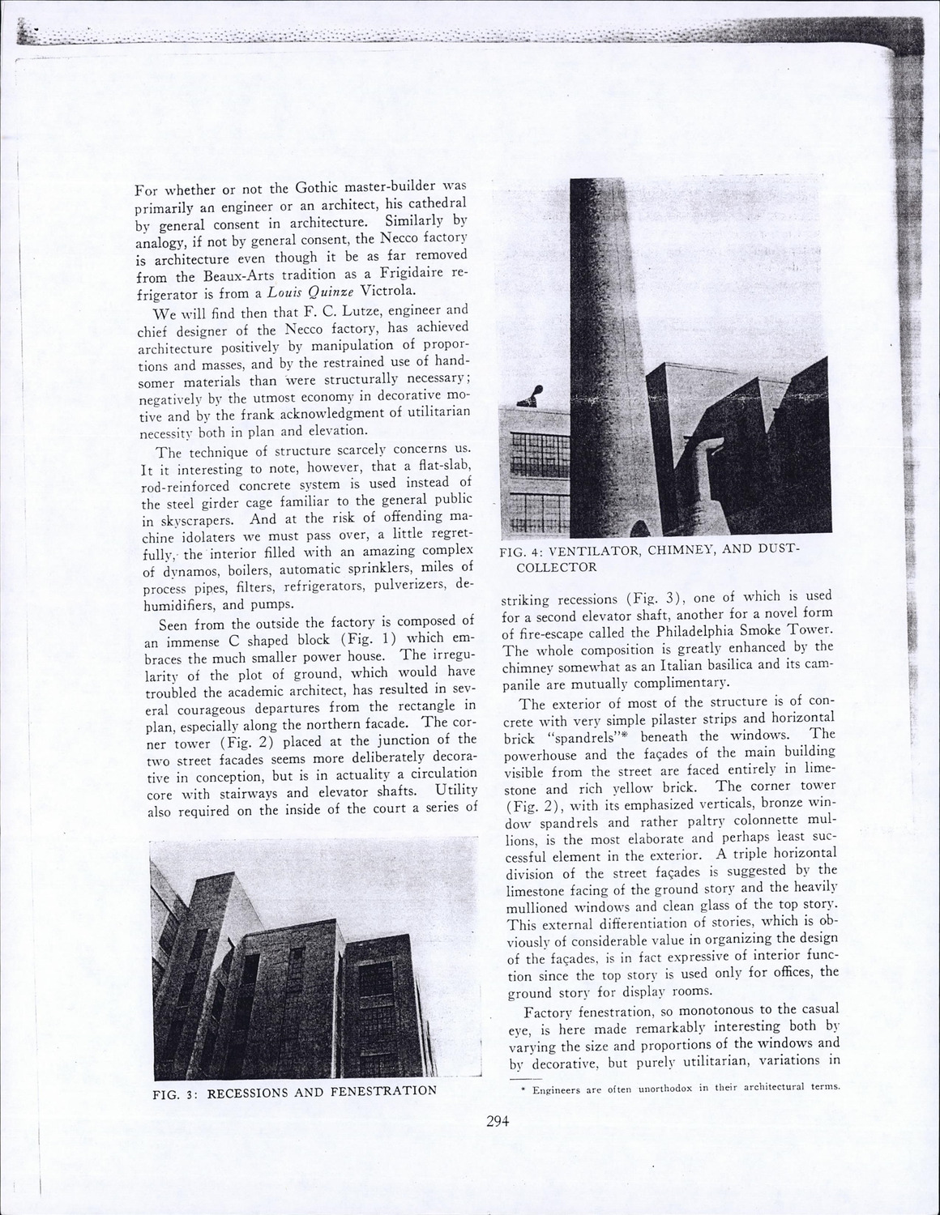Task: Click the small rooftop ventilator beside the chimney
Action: click(535, 396)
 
